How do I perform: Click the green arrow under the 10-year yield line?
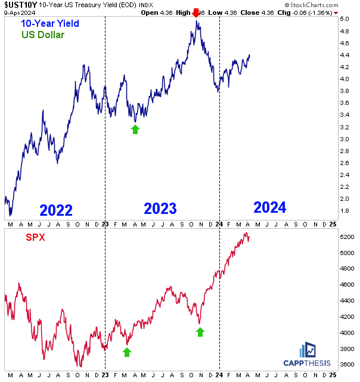[135, 129]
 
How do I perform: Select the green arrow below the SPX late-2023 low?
[200, 331]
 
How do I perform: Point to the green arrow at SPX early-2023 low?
[127, 352]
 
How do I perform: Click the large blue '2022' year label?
[56, 210]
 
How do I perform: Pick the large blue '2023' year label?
[160, 208]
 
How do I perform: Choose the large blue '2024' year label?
[269, 207]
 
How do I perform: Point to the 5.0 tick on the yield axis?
[346, 19]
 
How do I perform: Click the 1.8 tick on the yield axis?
[346, 211]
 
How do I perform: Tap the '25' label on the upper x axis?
[333, 223]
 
